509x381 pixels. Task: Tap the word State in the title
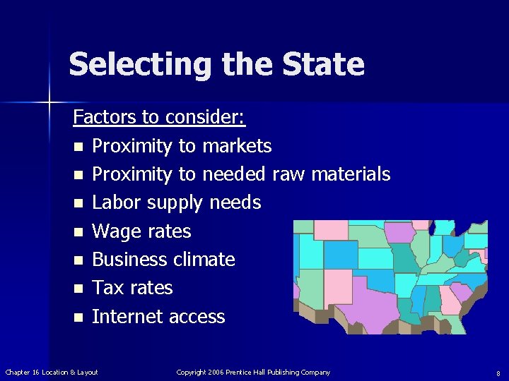pyautogui.click(x=323, y=65)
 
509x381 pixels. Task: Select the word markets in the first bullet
pyautogui.click(x=237, y=146)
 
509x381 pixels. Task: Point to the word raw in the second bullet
pyautogui.click(x=288, y=174)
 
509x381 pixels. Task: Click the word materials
pyautogui.click(x=351, y=174)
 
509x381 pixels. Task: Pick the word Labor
pyautogui.click(x=114, y=203)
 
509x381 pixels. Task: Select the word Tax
pyautogui.click(x=107, y=288)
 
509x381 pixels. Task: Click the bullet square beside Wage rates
pyautogui.click(x=77, y=232)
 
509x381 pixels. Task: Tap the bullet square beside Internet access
pyautogui.click(x=77, y=317)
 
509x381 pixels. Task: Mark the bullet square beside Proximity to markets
pyautogui.click(x=77, y=147)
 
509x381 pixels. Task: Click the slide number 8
pyautogui.click(x=498, y=373)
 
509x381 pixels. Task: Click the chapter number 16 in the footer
pyautogui.click(x=36, y=372)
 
